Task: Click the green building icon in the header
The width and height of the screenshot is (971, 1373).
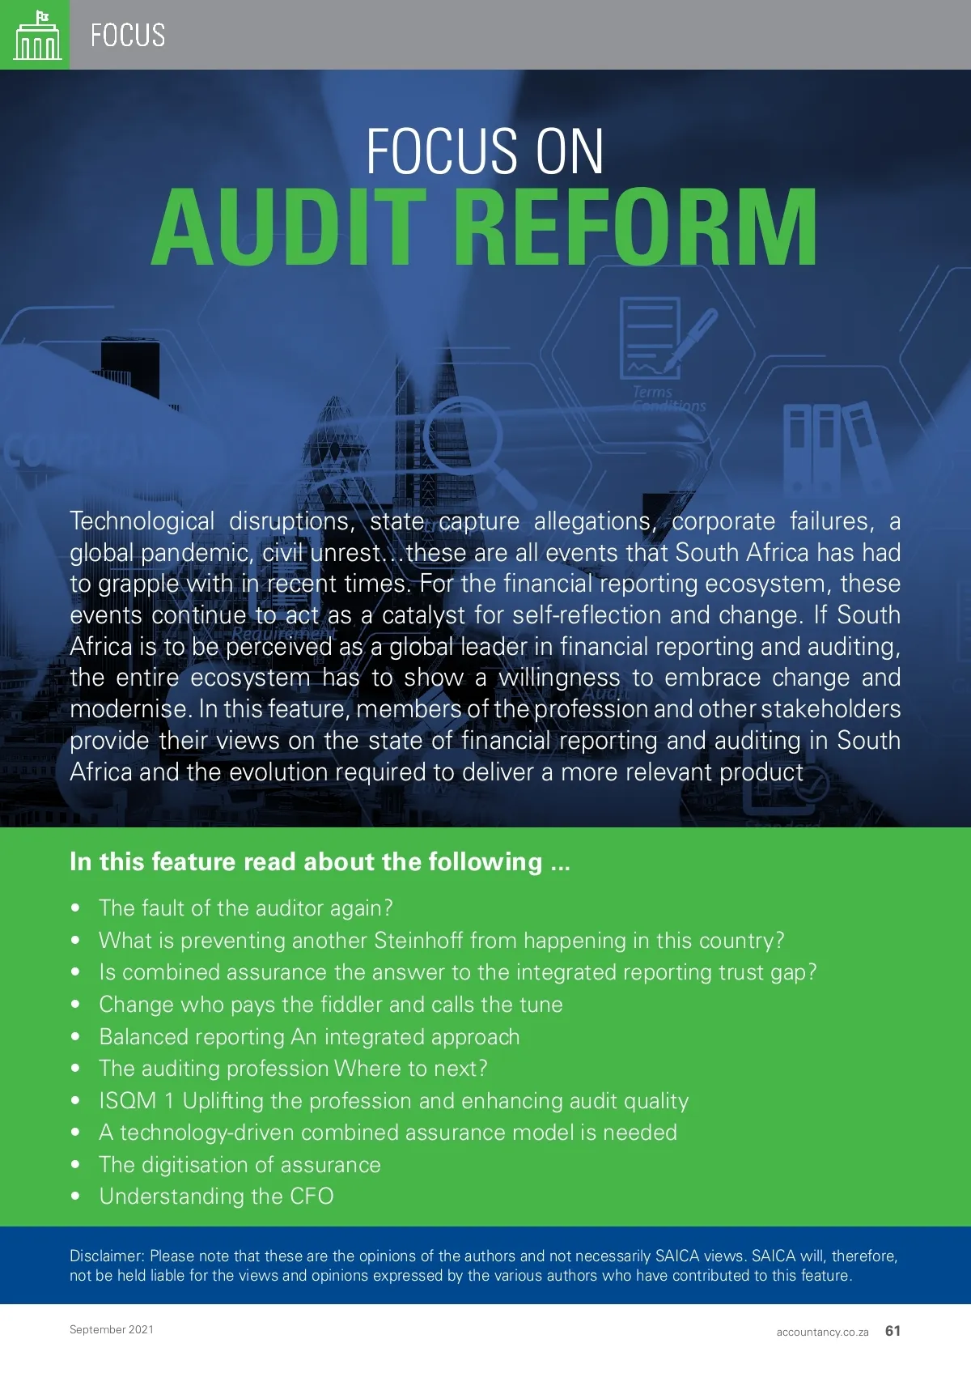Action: pyautogui.click(x=37, y=36)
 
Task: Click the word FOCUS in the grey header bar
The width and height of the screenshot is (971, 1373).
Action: pyautogui.click(x=128, y=36)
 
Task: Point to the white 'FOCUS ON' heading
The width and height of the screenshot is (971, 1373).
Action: pyautogui.click(x=485, y=151)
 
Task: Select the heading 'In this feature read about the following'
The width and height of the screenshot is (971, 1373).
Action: pyautogui.click(x=320, y=861)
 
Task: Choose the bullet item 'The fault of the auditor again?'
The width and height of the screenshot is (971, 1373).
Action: pyautogui.click(x=245, y=908)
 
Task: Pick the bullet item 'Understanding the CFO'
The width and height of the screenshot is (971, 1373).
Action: pyautogui.click(x=216, y=1197)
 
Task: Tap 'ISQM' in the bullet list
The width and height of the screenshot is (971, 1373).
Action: pyautogui.click(x=128, y=1101)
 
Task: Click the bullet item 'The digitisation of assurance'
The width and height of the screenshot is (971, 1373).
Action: pyautogui.click(x=240, y=1165)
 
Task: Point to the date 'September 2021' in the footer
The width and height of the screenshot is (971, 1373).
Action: pyautogui.click(x=112, y=1329)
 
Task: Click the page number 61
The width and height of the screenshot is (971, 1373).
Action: pyautogui.click(x=893, y=1331)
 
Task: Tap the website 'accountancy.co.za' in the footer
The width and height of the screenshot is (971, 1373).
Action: pyautogui.click(x=822, y=1332)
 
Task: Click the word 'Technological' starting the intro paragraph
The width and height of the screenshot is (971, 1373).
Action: pyautogui.click(x=142, y=521)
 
